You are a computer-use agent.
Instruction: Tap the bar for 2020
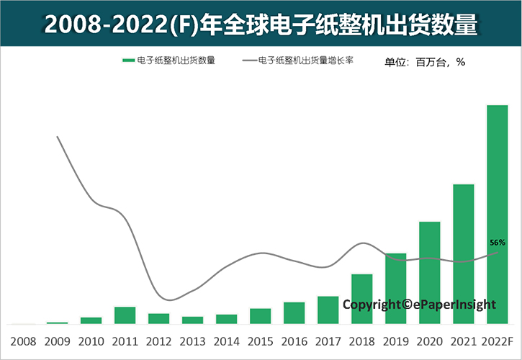430,273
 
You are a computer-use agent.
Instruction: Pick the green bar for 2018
362,299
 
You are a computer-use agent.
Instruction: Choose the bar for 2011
125,315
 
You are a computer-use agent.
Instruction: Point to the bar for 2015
260,316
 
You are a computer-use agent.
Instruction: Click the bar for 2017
328,310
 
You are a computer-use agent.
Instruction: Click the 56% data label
497,243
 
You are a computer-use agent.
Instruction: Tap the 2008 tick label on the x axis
23,340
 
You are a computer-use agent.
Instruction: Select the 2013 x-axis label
192,340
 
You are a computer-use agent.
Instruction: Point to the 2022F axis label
498,340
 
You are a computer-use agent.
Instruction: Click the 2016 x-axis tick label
294,340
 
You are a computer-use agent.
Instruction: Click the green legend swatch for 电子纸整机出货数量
128,60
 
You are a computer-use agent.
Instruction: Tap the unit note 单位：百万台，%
425,62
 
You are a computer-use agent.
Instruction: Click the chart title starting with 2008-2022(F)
261,24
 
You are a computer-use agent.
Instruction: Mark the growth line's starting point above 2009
57,137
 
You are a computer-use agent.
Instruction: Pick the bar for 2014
226,319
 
